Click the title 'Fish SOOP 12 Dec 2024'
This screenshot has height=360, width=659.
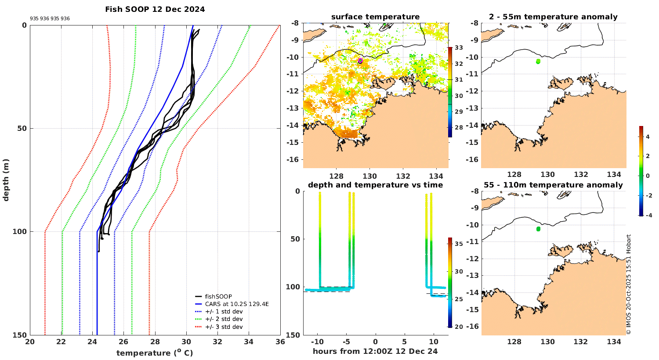tap(155, 9)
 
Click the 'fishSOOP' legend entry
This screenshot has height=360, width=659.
tap(218, 296)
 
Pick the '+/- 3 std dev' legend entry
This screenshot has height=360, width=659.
tap(224, 327)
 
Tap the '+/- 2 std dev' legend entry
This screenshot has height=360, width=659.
tap(224, 319)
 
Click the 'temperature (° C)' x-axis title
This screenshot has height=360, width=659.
tap(155, 353)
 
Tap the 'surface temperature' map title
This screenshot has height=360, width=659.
tap(375, 17)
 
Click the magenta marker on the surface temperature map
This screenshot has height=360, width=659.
tap(360, 61)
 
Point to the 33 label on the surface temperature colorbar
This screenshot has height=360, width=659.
tap(459, 48)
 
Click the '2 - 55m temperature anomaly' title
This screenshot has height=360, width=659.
tap(553, 17)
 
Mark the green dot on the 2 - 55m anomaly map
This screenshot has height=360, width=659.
tap(538, 61)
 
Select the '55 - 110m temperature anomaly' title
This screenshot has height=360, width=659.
tap(553, 185)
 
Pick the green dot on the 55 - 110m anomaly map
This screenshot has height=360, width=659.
tap(538, 229)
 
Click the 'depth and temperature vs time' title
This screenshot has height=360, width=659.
tap(375, 185)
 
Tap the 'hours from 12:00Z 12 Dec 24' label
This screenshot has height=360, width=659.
tap(375, 351)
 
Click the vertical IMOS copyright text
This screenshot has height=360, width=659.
tap(629, 284)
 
